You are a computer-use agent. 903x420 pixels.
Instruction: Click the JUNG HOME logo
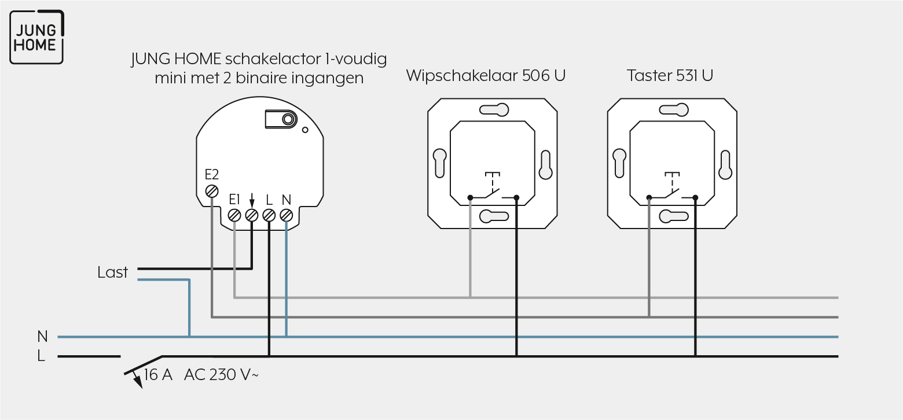[36, 37]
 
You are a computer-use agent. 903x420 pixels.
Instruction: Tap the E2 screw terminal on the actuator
[212, 191]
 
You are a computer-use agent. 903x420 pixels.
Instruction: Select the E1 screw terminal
[234, 215]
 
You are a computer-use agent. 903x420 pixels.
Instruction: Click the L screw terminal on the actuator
[269, 215]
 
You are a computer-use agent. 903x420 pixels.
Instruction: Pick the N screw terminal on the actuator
[286, 215]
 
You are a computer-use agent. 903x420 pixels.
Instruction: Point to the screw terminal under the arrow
[252, 215]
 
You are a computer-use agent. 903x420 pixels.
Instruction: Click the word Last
[112, 272]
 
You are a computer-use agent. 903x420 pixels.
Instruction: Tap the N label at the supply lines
[42, 336]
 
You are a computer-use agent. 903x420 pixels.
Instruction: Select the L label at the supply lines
[41, 356]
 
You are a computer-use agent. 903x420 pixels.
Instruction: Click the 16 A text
[158, 375]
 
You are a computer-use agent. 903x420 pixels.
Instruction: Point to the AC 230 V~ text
[221, 375]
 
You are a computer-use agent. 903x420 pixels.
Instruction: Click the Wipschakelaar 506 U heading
[486, 75]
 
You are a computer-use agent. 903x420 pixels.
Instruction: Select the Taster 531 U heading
[670, 75]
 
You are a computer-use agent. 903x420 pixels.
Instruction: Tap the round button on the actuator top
[288, 119]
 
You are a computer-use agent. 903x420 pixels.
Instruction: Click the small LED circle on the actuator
[305, 130]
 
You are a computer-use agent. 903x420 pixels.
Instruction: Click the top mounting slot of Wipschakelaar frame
[494, 110]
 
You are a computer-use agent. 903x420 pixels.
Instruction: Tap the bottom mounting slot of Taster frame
[674, 216]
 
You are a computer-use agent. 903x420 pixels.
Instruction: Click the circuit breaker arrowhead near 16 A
[137, 382]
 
